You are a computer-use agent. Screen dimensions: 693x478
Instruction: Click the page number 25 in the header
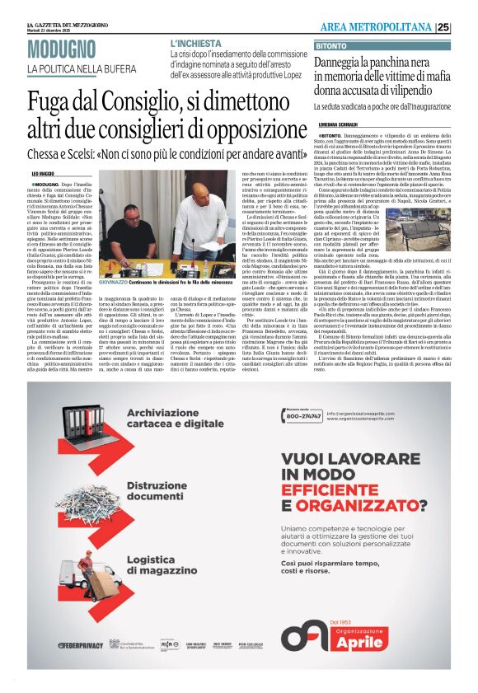click(x=465, y=28)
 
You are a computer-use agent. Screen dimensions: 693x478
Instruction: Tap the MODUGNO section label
click(x=62, y=49)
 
